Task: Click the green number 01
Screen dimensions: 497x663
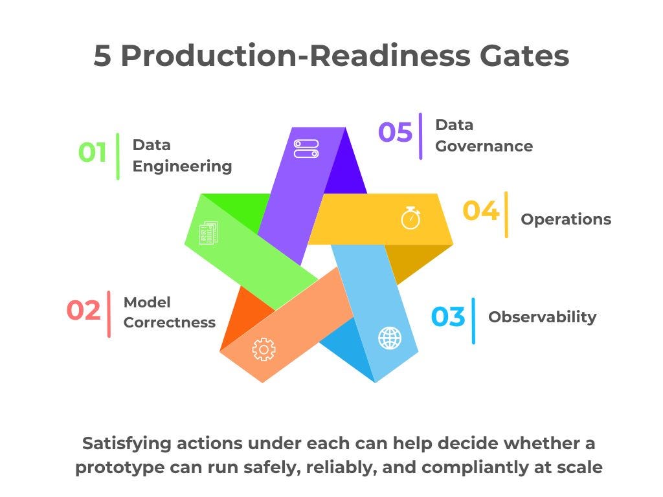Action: click(93, 153)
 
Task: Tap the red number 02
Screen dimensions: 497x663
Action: click(84, 311)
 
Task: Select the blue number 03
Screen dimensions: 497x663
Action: click(448, 317)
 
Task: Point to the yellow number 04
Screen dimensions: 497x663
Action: click(480, 211)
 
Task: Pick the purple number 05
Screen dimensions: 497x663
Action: click(395, 132)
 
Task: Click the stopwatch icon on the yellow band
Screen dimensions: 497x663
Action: click(410, 218)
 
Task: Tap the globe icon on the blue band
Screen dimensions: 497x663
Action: click(389, 337)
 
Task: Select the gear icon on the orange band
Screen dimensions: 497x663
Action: click(264, 349)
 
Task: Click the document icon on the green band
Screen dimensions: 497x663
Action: click(208, 232)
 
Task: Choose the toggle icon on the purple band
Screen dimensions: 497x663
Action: click(306, 149)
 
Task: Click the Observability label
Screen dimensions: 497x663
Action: click(542, 317)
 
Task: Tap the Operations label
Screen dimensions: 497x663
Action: click(566, 219)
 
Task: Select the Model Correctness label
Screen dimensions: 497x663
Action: click(169, 312)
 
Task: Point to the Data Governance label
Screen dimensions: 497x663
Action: click(484, 135)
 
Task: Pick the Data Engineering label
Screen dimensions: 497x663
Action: click(182, 155)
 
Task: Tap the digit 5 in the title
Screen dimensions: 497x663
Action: click(103, 56)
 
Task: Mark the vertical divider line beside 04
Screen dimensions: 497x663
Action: click(506, 214)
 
